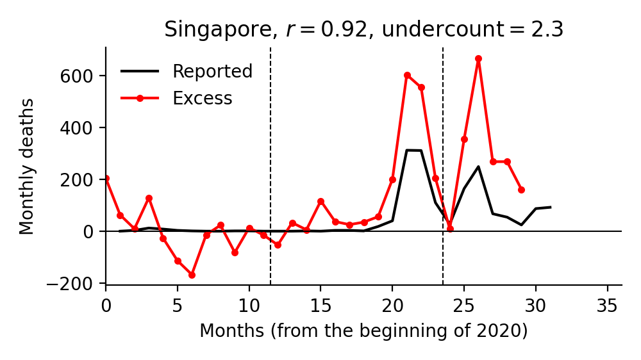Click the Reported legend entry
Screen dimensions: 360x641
point(212,71)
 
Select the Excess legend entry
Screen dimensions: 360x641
point(202,98)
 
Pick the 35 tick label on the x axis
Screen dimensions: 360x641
point(607,306)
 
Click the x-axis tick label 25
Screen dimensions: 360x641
point(464,306)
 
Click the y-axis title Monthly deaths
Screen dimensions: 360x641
point(27,166)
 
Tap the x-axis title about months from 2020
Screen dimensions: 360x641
point(363,331)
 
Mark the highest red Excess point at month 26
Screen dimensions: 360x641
point(478,58)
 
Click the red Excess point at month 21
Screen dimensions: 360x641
point(407,75)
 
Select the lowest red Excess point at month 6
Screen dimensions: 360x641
point(192,275)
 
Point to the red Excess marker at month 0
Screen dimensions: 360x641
point(106,178)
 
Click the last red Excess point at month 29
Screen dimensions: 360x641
point(521,190)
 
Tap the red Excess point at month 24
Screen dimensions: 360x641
point(450,228)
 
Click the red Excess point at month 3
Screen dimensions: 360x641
point(149,198)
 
